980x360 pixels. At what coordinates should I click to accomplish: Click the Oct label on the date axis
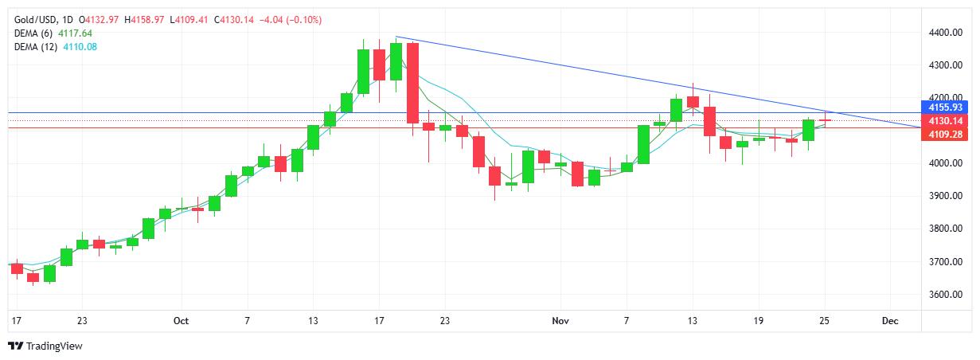[181, 321]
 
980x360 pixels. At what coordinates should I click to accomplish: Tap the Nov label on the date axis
[560, 321]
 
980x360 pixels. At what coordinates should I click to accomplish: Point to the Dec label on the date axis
[890, 321]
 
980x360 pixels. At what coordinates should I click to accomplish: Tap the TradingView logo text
[54, 346]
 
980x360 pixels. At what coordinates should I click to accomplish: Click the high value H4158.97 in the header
[143, 19]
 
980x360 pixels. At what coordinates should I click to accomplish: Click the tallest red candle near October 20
[412, 83]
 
